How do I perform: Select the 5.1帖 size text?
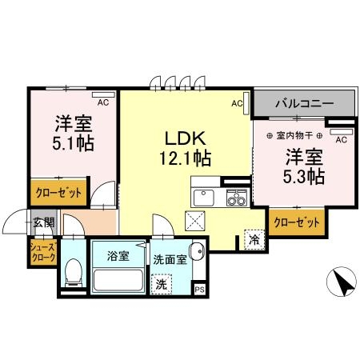72,147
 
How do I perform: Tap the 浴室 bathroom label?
118,258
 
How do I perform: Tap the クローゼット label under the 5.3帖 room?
298,222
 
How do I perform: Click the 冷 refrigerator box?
254,239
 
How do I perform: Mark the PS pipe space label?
199,289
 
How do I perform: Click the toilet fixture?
73,271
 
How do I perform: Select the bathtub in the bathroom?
118,281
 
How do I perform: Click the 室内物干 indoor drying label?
295,135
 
